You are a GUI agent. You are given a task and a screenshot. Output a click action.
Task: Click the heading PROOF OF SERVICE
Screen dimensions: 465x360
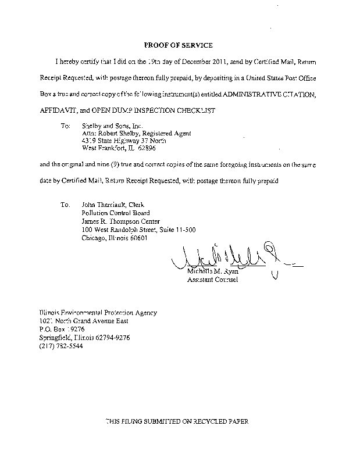[178, 45]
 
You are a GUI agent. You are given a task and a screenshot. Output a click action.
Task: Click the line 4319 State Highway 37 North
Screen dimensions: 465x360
[116, 141]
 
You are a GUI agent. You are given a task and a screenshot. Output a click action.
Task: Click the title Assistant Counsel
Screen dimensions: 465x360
[212, 280]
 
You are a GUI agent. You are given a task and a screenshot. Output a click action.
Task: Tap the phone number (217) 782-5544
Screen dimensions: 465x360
[61, 345]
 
